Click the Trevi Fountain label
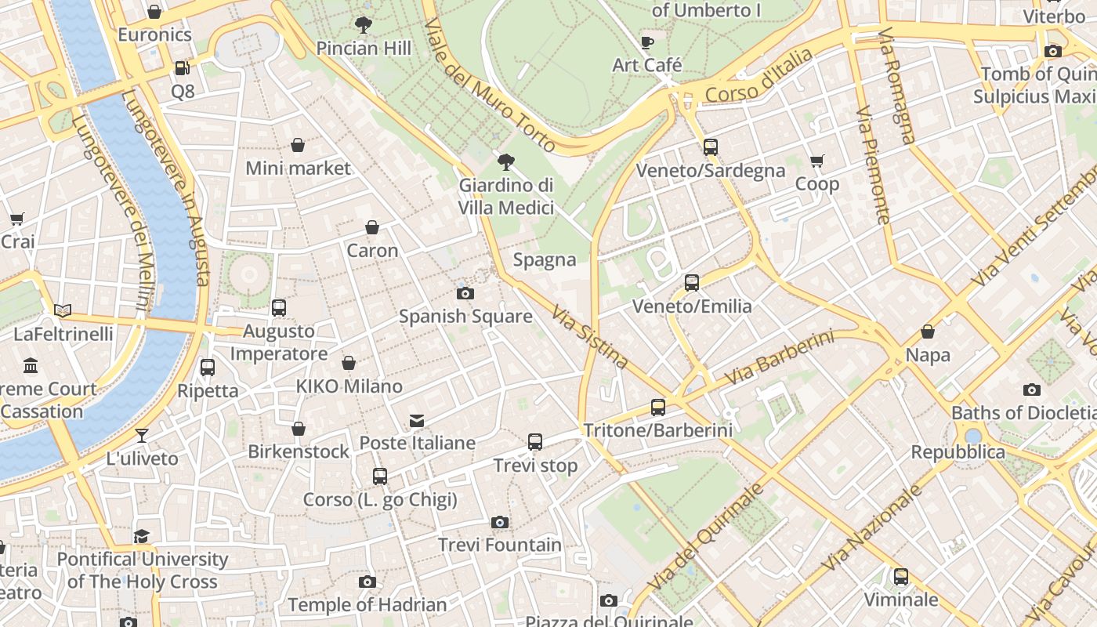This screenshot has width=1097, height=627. tap(500, 545)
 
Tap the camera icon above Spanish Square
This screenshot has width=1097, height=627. tap(465, 294)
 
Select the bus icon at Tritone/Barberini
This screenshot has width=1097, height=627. tap(658, 408)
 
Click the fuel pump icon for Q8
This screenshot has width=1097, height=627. tap(182, 68)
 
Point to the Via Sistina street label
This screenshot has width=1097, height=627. tap(590, 337)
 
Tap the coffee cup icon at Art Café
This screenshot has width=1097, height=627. tap(646, 42)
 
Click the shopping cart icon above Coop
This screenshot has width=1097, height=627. tap(817, 161)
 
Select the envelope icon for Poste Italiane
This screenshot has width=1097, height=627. tap(417, 422)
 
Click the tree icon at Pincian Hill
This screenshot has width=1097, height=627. tap(363, 25)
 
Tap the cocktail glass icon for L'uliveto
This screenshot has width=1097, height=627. tap(142, 436)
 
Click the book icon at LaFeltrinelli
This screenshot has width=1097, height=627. tap(63, 311)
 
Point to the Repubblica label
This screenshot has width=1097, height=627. tap(958, 452)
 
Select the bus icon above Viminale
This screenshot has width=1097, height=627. tap(901, 577)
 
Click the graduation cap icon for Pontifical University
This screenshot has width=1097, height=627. tap(142, 536)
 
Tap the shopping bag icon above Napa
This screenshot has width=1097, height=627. tap(928, 332)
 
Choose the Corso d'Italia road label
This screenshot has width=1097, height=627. tap(758, 75)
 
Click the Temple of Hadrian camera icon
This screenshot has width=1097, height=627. tap(367, 582)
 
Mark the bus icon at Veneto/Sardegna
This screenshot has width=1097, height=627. tap(711, 147)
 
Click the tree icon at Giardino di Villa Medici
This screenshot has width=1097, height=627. tap(506, 162)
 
